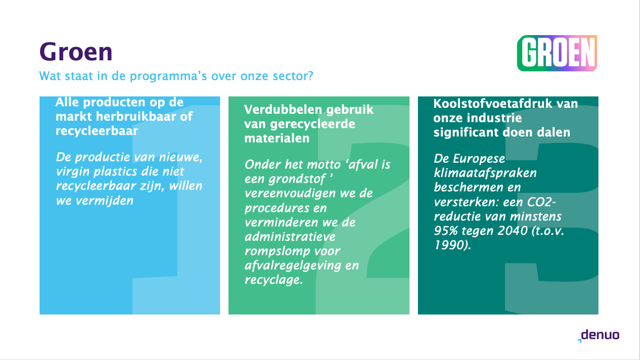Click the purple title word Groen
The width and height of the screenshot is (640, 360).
pyautogui.click(x=76, y=52)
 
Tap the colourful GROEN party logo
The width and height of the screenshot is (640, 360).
pyautogui.click(x=557, y=53)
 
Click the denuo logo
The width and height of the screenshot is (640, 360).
pyautogui.click(x=598, y=335)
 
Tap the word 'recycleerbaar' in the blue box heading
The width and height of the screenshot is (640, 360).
pyautogui.click(x=97, y=131)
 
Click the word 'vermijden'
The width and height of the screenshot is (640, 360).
pyautogui.click(x=104, y=201)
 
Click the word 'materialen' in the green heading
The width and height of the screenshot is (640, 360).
pyautogui.click(x=277, y=138)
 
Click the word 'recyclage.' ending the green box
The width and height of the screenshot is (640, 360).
pyautogui.click(x=274, y=280)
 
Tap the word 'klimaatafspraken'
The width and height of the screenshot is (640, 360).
pyautogui.click(x=485, y=173)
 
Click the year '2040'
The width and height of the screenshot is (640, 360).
pyautogui.click(x=512, y=230)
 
